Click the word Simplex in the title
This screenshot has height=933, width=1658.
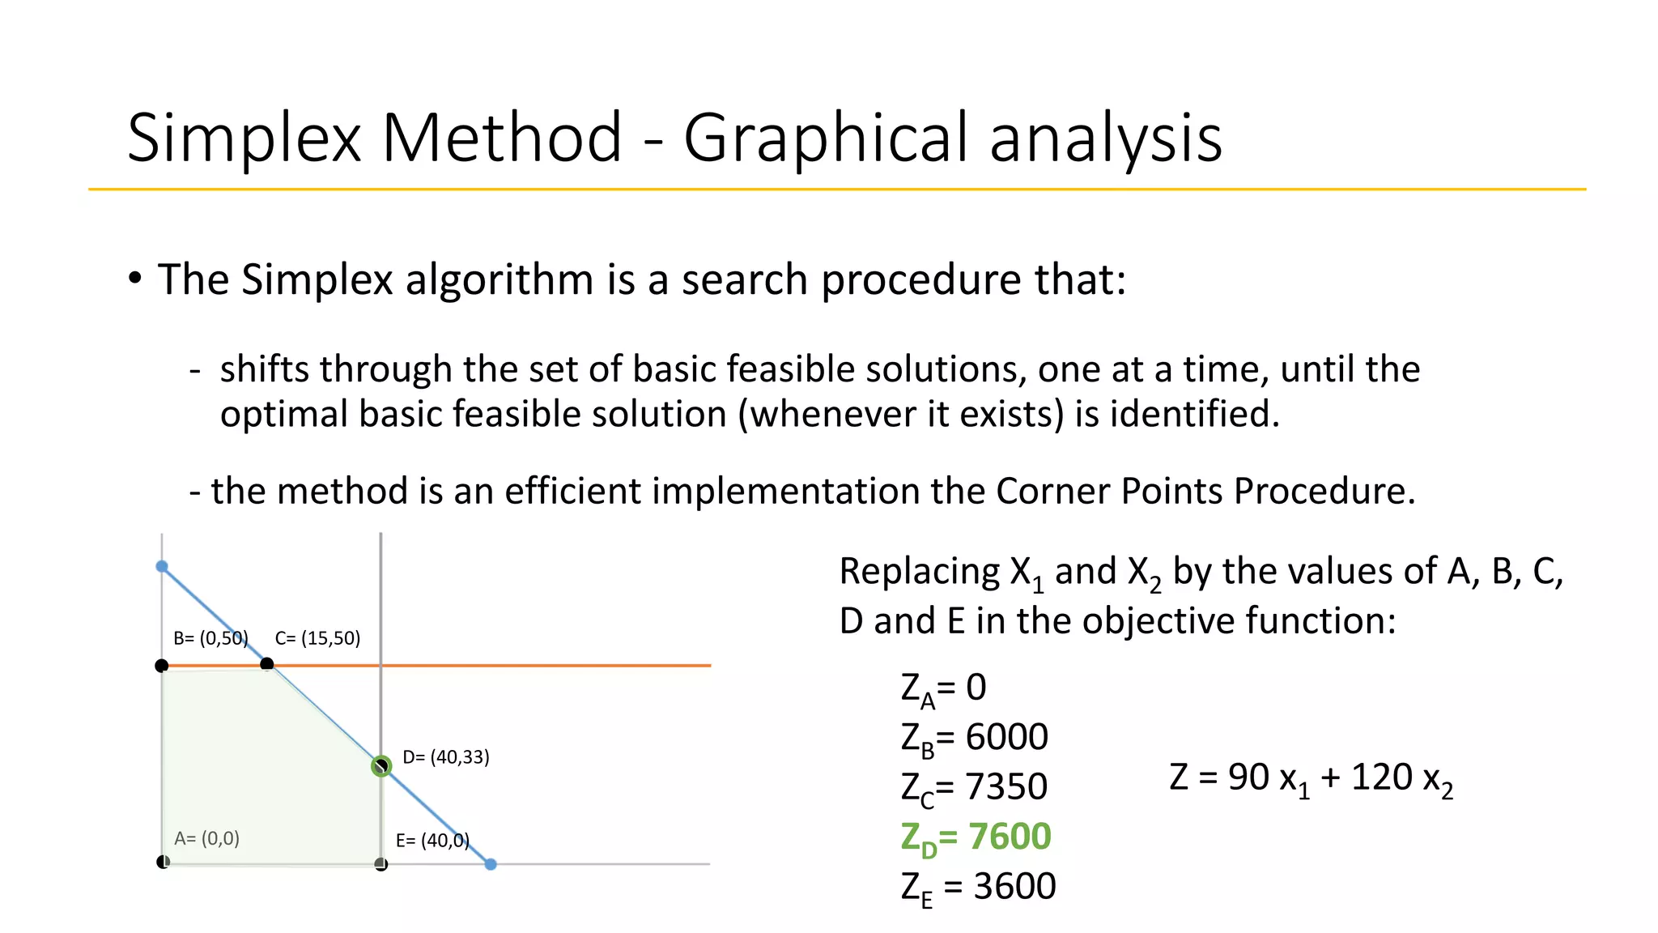coord(244,138)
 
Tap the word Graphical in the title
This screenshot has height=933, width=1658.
coord(827,138)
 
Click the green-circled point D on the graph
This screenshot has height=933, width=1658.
coord(381,765)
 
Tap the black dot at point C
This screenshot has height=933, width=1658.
coord(267,664)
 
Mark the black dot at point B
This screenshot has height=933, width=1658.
coord(162,666)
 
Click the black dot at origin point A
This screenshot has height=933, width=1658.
coord(163,862)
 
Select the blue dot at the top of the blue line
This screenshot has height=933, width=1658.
coord(162,566)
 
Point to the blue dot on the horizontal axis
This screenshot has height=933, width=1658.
coord(491,864)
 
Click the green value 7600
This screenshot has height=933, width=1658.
coord(1010,836)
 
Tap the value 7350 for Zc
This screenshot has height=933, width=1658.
coord(1006,786)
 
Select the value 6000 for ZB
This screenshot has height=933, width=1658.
coord(1006,737)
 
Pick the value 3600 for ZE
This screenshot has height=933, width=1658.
coord(1014,886)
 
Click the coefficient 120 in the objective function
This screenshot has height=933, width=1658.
coord(1382,777)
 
